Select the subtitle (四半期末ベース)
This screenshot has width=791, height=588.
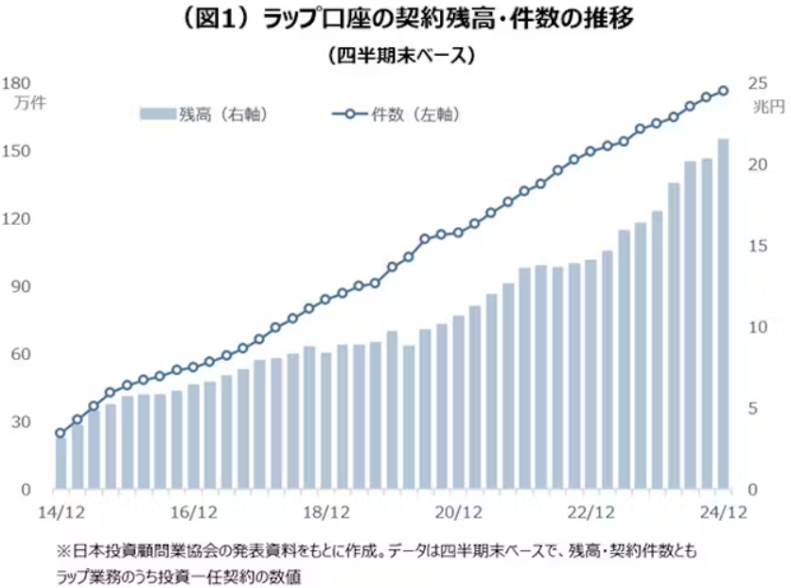pyautogui.click(x=395, y=56)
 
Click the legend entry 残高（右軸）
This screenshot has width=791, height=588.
pyautogui.click(x=205, y=114)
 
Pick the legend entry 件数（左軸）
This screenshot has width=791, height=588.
pyautogui.click(x=396, y=114)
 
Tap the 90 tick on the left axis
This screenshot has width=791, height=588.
pyautogui.click(x=22, y=286)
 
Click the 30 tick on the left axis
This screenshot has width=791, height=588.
pyautogui.click(x=22, y=423)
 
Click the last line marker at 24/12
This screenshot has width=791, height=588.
pyautogui.click(x=724, y=91)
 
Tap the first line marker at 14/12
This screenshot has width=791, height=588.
pyautogui.click(x=61, y=433)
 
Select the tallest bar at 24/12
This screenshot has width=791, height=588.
pyautogui.click(x=724, y=312)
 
